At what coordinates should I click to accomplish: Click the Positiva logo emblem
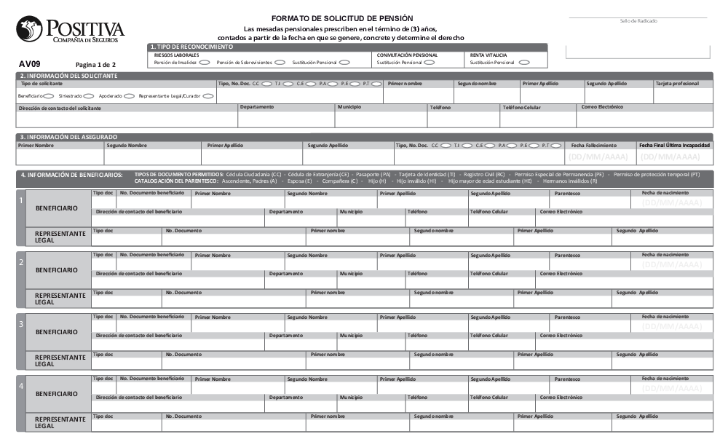29,29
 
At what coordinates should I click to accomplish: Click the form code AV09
30,63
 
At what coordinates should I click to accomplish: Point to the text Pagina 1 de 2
95,64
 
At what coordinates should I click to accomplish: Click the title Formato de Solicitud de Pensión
341,17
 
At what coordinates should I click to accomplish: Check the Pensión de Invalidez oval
205,63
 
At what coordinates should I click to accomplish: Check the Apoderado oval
129,95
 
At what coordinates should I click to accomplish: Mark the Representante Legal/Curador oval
208,95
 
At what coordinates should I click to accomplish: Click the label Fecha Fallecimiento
593,145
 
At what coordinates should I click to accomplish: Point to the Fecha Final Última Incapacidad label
674,145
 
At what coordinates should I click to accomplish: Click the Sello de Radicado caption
638,21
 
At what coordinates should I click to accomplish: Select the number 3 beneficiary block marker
21,323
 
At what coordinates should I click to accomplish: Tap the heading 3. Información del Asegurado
68,137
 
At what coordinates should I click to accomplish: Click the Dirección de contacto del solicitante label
60,108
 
